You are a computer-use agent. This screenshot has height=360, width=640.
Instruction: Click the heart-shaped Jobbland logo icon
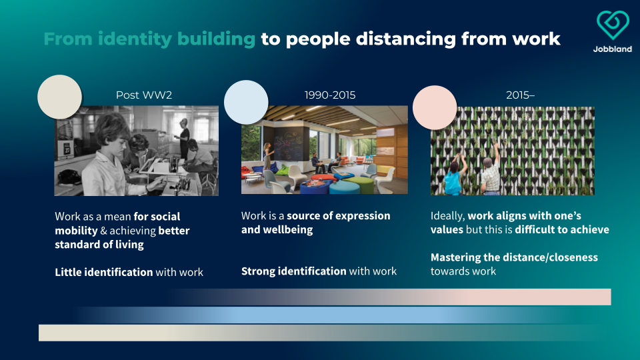(612, 25)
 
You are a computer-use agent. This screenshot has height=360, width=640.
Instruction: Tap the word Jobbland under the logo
(612, 49)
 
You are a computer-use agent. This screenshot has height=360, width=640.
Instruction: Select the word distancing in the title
(406, 39)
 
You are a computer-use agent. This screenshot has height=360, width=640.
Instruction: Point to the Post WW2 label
(144, 95)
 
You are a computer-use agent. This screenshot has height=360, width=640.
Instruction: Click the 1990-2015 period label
(330, 95)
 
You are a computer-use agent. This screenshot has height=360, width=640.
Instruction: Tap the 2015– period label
(520, 95)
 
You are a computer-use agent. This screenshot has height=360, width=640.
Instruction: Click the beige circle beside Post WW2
(59, 97)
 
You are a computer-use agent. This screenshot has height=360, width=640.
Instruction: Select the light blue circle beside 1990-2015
(246, 102)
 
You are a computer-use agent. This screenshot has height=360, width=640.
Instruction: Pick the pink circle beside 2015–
(435, 107)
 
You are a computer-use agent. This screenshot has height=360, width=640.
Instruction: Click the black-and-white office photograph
(136, 151)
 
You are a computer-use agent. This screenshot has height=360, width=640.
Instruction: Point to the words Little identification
(104, 272)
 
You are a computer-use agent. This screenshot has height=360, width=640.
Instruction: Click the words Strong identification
(293, 271)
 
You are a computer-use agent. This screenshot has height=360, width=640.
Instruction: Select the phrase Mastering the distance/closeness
(514, 257)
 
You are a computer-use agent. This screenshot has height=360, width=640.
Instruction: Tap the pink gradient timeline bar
(388, 297)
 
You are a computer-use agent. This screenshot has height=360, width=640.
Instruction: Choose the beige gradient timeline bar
(319, 333)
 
